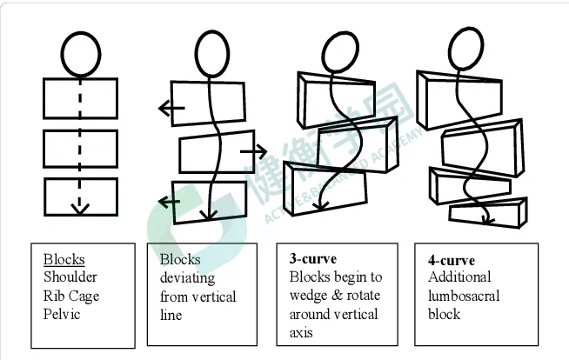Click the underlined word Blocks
(x=64, y=259)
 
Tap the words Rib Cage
(x=71, y=296)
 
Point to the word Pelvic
(x=61, y=313)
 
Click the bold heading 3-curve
(x=312, y=259)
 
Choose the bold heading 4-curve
(x=451, y=259)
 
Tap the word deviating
(x=187, y=277)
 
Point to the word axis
(x=301, y=331)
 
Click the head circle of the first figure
(x=80, y=54)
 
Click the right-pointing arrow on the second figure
(x=253, y=151)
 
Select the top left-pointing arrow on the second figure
(x=165, y=109)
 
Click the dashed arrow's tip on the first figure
(x=80, y=208)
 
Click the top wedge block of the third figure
(x=338, y=95)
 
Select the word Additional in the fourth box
(x=459, y=277)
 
